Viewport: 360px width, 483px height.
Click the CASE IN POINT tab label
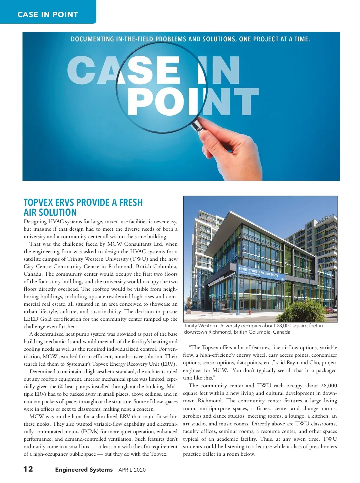(x=48, y=14)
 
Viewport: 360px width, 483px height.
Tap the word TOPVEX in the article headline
(x=38, y=202)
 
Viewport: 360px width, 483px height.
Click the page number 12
(x=28, y=469)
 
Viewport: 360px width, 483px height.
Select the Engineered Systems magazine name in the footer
(x=84, y=469)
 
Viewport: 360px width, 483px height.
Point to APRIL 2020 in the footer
(x=132, y=470)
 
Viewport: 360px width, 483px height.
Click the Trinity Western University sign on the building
(x=258, y=272)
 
